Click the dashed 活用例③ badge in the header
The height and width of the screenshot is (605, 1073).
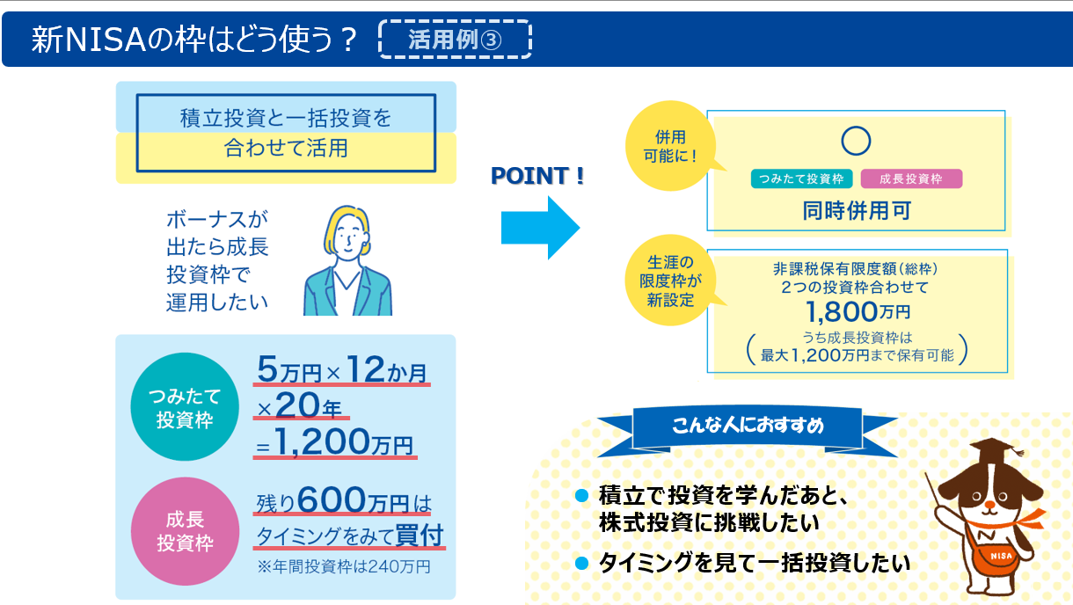pos(455,40)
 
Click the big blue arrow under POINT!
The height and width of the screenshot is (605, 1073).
pos(540,228)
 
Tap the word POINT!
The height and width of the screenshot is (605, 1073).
pos(537,176)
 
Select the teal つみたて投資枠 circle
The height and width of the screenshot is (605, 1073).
pos(185,406)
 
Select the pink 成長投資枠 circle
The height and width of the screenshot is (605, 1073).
pos(185,531)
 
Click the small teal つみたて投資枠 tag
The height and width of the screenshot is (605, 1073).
pos(801,179)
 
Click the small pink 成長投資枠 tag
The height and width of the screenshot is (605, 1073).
pos(911,179)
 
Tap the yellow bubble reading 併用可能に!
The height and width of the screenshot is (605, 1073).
pos(670,146)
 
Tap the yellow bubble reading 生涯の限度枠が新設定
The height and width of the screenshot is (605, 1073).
pos(670,281)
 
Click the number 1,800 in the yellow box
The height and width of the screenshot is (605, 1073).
pos(841,312)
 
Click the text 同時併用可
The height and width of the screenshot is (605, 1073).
pos(857,211)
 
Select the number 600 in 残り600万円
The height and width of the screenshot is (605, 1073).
pos(332,500)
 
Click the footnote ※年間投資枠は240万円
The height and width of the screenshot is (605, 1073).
pos(344,566)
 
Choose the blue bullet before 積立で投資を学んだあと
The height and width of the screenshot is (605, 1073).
pos(581,495)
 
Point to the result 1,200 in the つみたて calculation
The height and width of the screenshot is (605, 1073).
pos(322,441)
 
